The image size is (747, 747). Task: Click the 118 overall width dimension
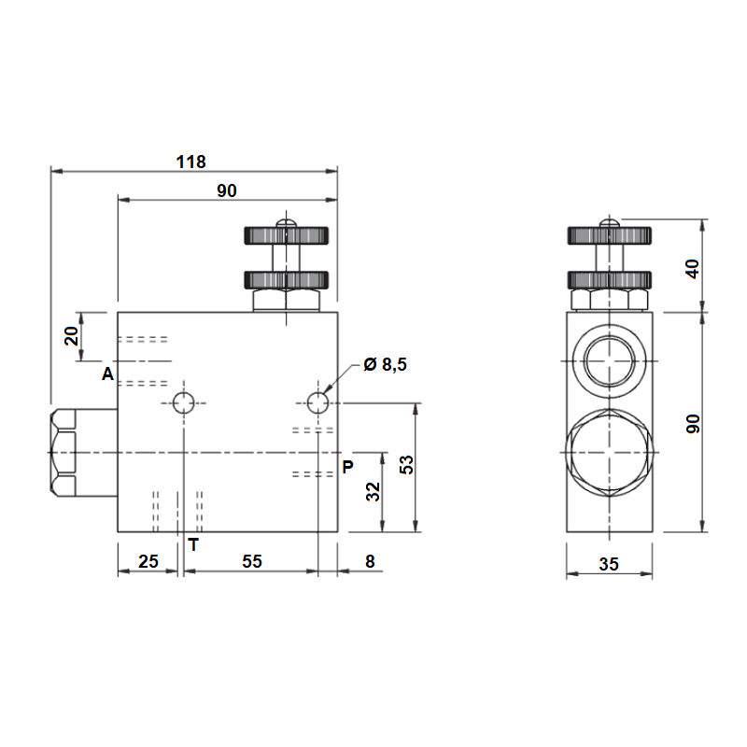(191, 162)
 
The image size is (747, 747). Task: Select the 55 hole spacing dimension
(252, 561)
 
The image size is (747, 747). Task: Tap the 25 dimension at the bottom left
(148, 561)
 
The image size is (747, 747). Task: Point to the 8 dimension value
(370, 561)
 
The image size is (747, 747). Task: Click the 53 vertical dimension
(406, 464)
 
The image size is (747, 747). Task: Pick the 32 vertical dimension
(373, 492)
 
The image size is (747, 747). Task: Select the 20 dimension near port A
(72, 336)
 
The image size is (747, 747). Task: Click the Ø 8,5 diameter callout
(385, 364)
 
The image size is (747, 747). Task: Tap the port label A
(108, 374)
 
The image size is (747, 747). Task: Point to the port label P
(347, 467)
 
